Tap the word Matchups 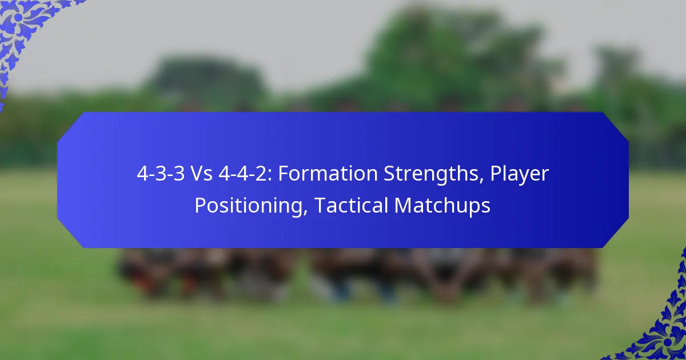pos(442,205)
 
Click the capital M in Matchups pos(402,205)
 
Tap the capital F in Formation pos(283,174)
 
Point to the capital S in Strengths pos(383,174)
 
